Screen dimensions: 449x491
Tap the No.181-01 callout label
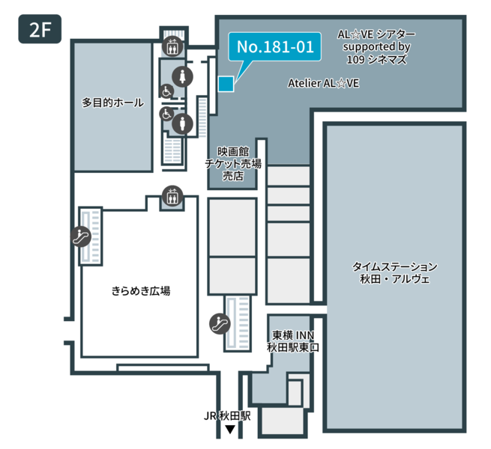click(274, 47)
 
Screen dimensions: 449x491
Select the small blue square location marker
click(226, 84)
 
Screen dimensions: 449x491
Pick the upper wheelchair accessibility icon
click(167, 90)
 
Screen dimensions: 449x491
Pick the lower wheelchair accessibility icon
click(166, 114)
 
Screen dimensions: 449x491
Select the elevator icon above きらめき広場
click(172, 198)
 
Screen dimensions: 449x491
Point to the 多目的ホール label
click(112, 103)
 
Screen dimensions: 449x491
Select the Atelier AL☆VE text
click(323, 84)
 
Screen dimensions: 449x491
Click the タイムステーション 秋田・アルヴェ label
click(394, 273)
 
